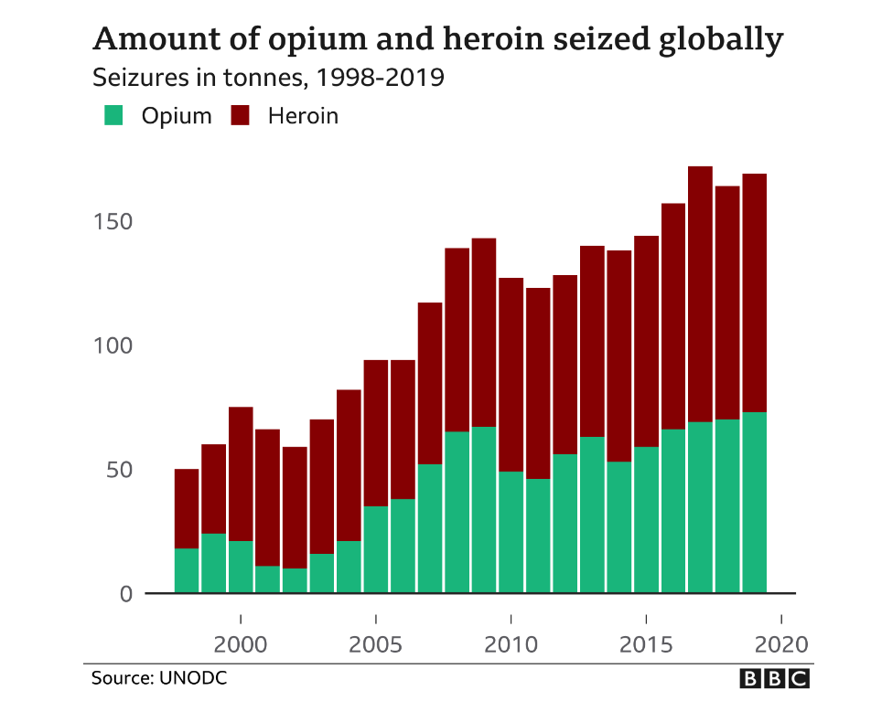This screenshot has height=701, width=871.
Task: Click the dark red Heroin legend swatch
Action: coord(241,116)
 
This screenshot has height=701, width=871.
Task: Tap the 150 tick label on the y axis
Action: coord(113,222)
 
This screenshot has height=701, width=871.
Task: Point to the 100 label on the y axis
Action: coord(113,346)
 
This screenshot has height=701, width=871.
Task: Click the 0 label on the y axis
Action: coord(125,594)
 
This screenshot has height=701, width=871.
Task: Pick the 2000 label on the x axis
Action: coord(241,643)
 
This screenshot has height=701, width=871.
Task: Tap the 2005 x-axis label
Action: coord(376,643)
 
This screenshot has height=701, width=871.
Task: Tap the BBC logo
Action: coord(775,678)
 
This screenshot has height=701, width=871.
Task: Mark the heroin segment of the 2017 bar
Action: coord(700,293)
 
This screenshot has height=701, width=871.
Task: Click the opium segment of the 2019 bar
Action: coord(754,503)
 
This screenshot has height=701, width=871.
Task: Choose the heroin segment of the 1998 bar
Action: coord(187,508)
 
